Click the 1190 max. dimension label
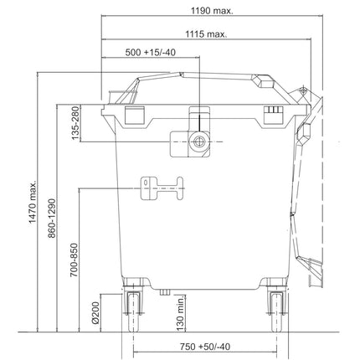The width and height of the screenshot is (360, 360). (x=212, y=11)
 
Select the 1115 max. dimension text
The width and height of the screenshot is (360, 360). (x=206, y=34)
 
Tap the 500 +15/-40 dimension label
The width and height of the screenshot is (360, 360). (x=151, y=52)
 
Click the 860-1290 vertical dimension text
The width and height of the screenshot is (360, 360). (x=52, y=219)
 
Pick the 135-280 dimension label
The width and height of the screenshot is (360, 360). (x=75, y=123)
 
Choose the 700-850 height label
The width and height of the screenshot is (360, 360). (x=74, y=260)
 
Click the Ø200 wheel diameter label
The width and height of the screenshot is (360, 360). (x=95, y=312)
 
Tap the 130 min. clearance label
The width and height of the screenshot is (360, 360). (x=181, y=313)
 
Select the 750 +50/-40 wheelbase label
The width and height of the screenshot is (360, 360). (x=205, y=347)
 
